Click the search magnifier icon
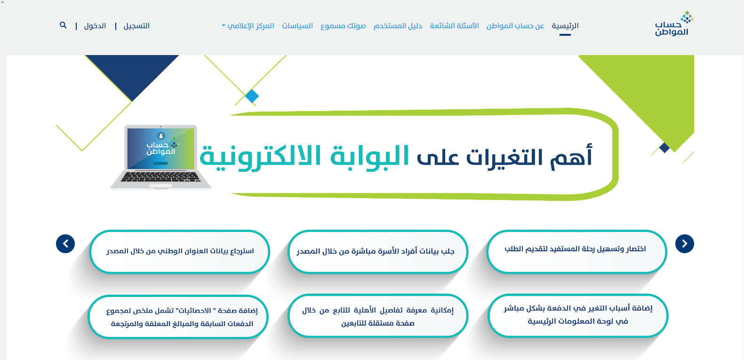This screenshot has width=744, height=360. click(63, 25)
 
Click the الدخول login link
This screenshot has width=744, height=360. click(95, 26)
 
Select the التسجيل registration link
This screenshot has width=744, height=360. click(136, 26)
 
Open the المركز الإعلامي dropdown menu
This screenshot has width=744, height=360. click(248, 26)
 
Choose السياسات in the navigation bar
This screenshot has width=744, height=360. click(297, 26)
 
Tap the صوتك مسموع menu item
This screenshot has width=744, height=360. click(343, 26)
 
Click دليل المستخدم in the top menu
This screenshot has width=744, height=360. click(398, 26)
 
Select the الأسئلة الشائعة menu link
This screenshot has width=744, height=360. click(455, 26)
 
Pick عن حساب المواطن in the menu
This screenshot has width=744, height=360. click(515, 26)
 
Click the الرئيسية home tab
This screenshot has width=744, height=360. click(565, 26)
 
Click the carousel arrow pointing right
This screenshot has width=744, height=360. click(685, 244)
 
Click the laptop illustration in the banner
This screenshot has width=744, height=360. click(161, 157)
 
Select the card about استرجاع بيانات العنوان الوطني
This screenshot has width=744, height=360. click(180, 251)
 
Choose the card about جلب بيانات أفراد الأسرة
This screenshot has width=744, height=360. click(377, 251)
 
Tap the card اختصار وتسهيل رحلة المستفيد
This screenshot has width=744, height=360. click(576, 251)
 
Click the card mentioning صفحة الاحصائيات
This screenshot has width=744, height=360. click(178, 317)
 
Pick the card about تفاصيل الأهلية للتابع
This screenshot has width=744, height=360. click(377, 316)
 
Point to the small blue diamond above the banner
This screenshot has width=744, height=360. click(252, 96)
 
